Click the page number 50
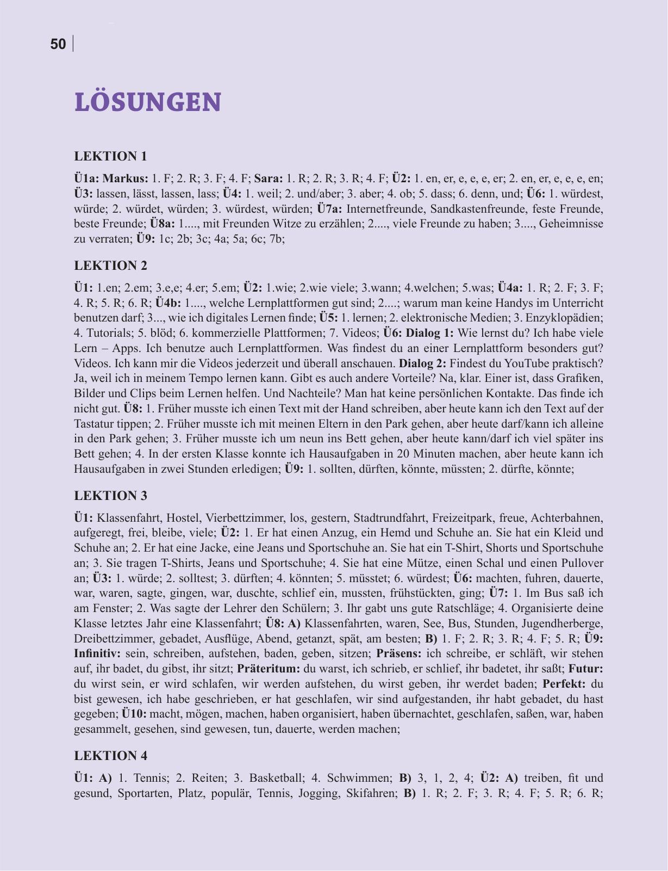click(x=58, y=45)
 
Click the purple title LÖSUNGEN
click(x=148, y=102)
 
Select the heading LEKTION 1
click(x=110, y=157)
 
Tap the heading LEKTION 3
click(x=110, y=496)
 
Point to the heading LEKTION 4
click(x=110, y=756)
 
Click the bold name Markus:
click(x=126, y=178)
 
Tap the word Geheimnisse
click(x=570, y=224)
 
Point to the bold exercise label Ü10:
click(x=134, y=713)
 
